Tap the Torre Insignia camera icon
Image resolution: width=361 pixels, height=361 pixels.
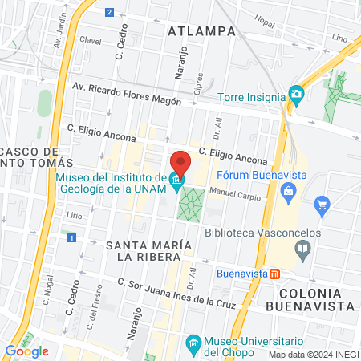[x=296, y=96]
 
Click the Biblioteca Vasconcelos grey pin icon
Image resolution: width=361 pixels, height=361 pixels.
[x=302, y=249]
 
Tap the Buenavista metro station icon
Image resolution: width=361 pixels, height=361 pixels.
[x=275, y=273]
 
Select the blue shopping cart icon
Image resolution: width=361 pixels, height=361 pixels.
[x=322, y=204]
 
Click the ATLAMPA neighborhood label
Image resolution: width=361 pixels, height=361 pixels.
[x=202, y=31]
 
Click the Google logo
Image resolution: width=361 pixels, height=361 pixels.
[x=26, y=351]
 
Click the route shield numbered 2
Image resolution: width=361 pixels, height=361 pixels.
[x=109, y=11]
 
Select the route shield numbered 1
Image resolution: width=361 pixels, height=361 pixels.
[x=71, y=237]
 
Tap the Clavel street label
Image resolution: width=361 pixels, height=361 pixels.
[x=89, y=40]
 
